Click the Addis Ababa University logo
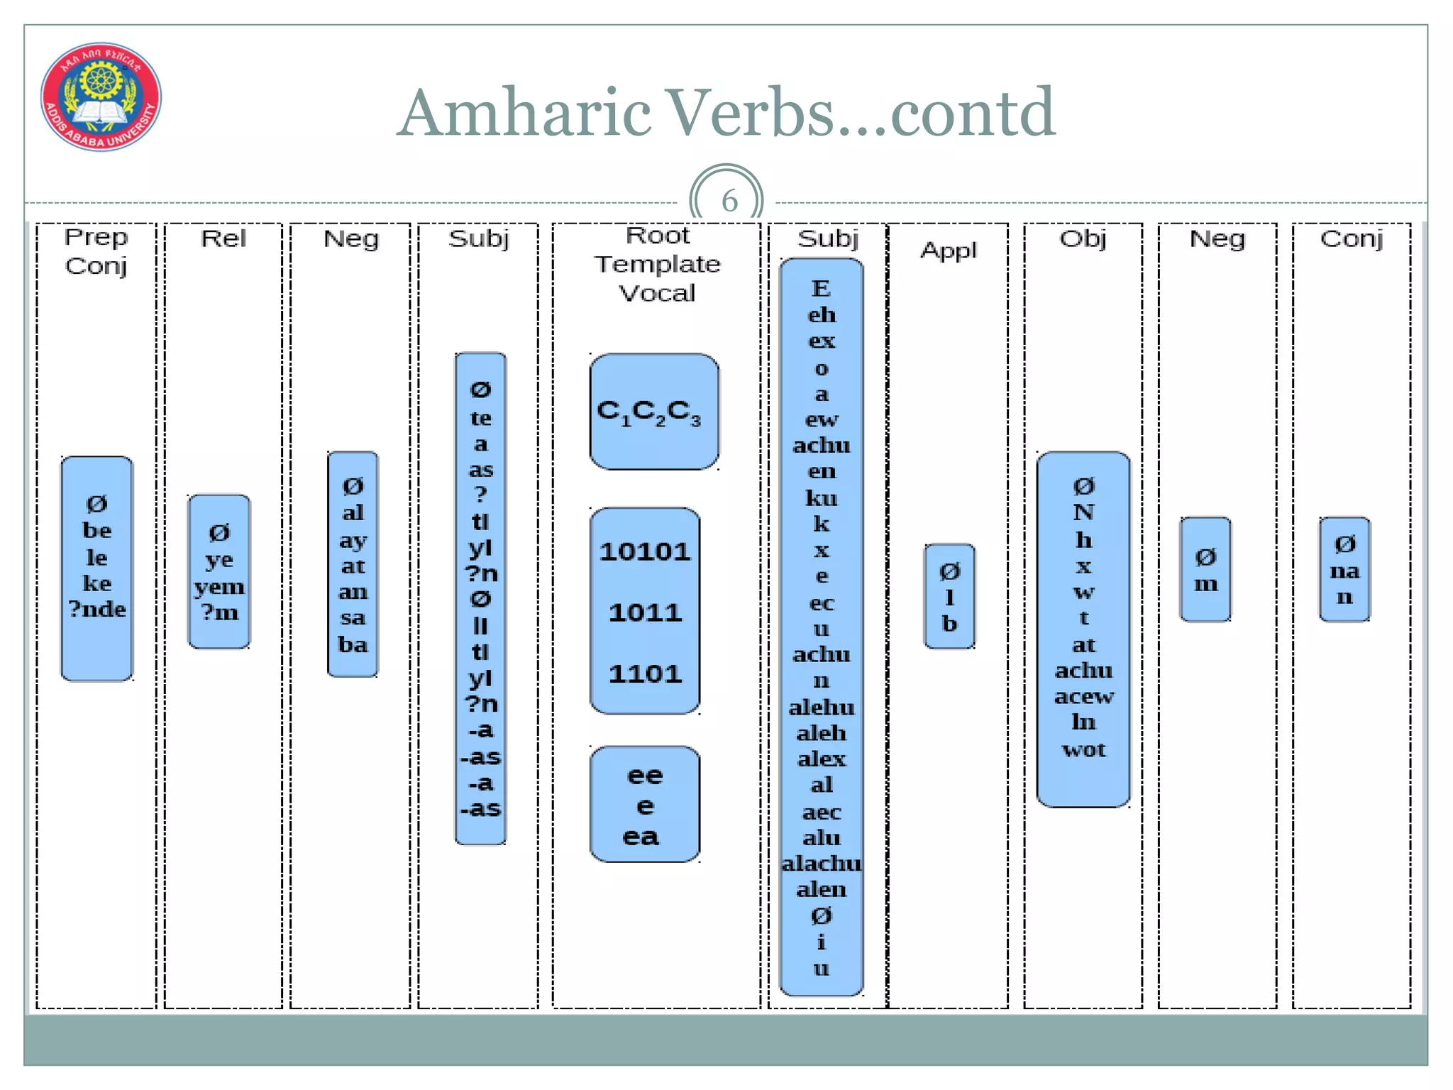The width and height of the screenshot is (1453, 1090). pyautogui.click(x=101, y=97)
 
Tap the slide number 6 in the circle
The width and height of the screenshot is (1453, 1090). pyautogui.click(x=729, y=201)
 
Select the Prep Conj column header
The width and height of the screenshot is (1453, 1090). pyautogui.click(x=96, y=251)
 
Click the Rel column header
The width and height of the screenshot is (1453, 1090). pyautogui.click(x=223, y=238)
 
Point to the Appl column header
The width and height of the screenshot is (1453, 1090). pyautogui.click(x=949, y=251)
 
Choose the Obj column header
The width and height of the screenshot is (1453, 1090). pyautogui.click(x=1083, y=239)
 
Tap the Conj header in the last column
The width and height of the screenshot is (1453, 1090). pyautogui.click(x=1352, y=239)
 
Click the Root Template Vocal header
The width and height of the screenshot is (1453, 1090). pyautogui.click(x=657, y=264)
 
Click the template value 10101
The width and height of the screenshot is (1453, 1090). pyautogui.click(x=645, y=552)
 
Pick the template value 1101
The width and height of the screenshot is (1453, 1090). pyautogui.click(x=645, y=673)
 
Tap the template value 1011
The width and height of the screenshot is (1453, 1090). pyautogui.click(x=645, y=612)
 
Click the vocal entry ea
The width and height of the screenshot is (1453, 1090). pyautogui.click(x=641, y=837)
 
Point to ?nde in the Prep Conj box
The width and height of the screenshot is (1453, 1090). pyautogui.click(x=97, y=609)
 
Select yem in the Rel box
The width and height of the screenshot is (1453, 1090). pyautogui.click(x=219, y=587)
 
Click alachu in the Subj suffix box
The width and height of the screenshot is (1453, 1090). pyautogui.click(x=822, y=864)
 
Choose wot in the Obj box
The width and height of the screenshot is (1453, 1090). pyautogui.click(x=1083, y=749)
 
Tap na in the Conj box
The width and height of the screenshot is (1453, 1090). pyautogui.click(x=1344, y=571)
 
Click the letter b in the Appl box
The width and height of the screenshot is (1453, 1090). pyautogui.click(x=949, y=624)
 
